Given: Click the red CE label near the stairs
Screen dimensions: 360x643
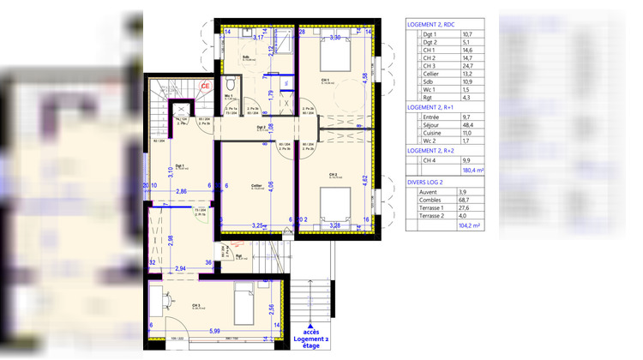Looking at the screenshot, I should click(204, 86).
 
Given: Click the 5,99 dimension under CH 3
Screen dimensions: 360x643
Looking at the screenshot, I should click(213, 331).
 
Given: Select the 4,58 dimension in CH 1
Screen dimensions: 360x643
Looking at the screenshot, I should click(364, 77).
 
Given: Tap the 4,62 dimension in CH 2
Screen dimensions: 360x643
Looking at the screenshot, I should click(364, 181).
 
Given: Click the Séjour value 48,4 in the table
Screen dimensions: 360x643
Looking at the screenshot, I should click(467, 126).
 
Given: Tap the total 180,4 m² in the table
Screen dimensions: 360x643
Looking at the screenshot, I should click(472, 170).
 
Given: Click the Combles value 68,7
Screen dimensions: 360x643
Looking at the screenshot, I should click(467, 200).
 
